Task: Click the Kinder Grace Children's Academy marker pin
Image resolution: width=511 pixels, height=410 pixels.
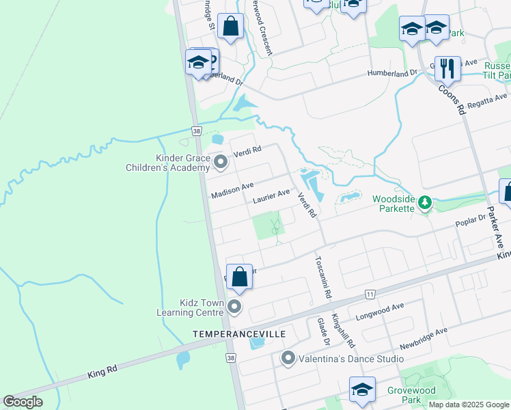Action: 221,162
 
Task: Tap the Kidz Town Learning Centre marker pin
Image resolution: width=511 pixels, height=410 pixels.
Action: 234,306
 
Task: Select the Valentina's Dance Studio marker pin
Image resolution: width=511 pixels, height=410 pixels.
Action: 288,357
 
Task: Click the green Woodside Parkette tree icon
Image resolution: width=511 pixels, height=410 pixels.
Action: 424,202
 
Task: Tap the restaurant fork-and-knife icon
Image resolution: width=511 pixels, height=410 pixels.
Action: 447,68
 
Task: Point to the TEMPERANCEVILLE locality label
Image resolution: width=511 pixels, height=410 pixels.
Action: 238,333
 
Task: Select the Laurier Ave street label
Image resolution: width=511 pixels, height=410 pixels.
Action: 271,197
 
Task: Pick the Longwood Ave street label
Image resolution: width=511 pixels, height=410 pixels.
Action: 380,312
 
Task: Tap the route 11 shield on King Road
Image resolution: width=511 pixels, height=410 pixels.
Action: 370,294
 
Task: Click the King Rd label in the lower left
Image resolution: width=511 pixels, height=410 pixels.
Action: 102,373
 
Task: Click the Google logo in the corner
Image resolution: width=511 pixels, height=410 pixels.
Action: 23,402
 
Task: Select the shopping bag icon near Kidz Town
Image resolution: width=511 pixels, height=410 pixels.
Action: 239,277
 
